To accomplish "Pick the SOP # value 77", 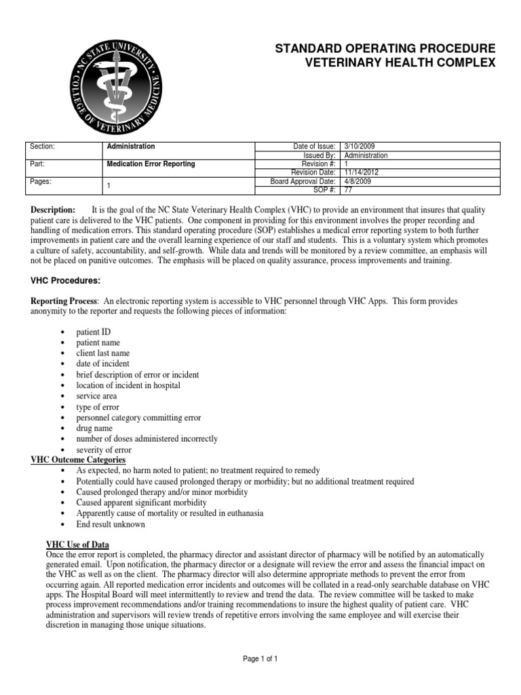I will [x=349, y=190].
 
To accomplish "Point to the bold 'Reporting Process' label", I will [x=64, y=301].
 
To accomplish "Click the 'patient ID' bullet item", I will [x=94, y=332].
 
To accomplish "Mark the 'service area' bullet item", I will [x=96, y=396].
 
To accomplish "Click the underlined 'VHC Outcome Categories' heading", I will [x=78, y=460].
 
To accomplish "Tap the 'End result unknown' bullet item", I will [x=111, y=525].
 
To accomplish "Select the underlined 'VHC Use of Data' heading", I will [x=77, y=545].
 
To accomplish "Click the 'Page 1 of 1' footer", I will [x=260, y=658].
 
